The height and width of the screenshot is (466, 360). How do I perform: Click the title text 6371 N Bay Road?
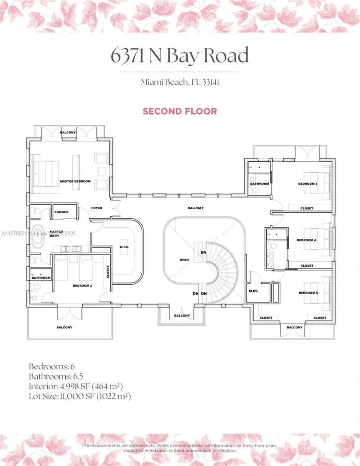pyautogui.click(x=180, y=56)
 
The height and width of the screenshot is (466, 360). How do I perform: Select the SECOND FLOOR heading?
pyautogui.click(x=180, y=111)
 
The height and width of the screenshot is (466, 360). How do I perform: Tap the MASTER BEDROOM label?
pyautogui.click(x=75, y=181)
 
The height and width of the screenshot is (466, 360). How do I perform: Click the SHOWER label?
pyautogui.click(x=61, y=212)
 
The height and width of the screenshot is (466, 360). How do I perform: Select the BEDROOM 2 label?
pyautogui.click(x=82, y=285)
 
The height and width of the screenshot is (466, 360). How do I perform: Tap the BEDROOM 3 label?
pyautogui.click(x=308, y=184)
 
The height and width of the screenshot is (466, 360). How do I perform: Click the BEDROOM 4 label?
pyautogui.click(x=306, y=240)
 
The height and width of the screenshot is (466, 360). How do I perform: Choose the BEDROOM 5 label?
pyautogui.click(x=308, y=293)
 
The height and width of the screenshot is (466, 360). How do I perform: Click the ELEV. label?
pyautogui.click(x=253, y=291)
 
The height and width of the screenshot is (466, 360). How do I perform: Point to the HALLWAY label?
pyautogui.click(x=196, y=208)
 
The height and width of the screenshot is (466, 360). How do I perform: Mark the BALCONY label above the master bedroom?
pyautogui.click(x=69, y=132)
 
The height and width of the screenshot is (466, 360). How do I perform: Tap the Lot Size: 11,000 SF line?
pyautogui.click(x=80, y=396)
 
